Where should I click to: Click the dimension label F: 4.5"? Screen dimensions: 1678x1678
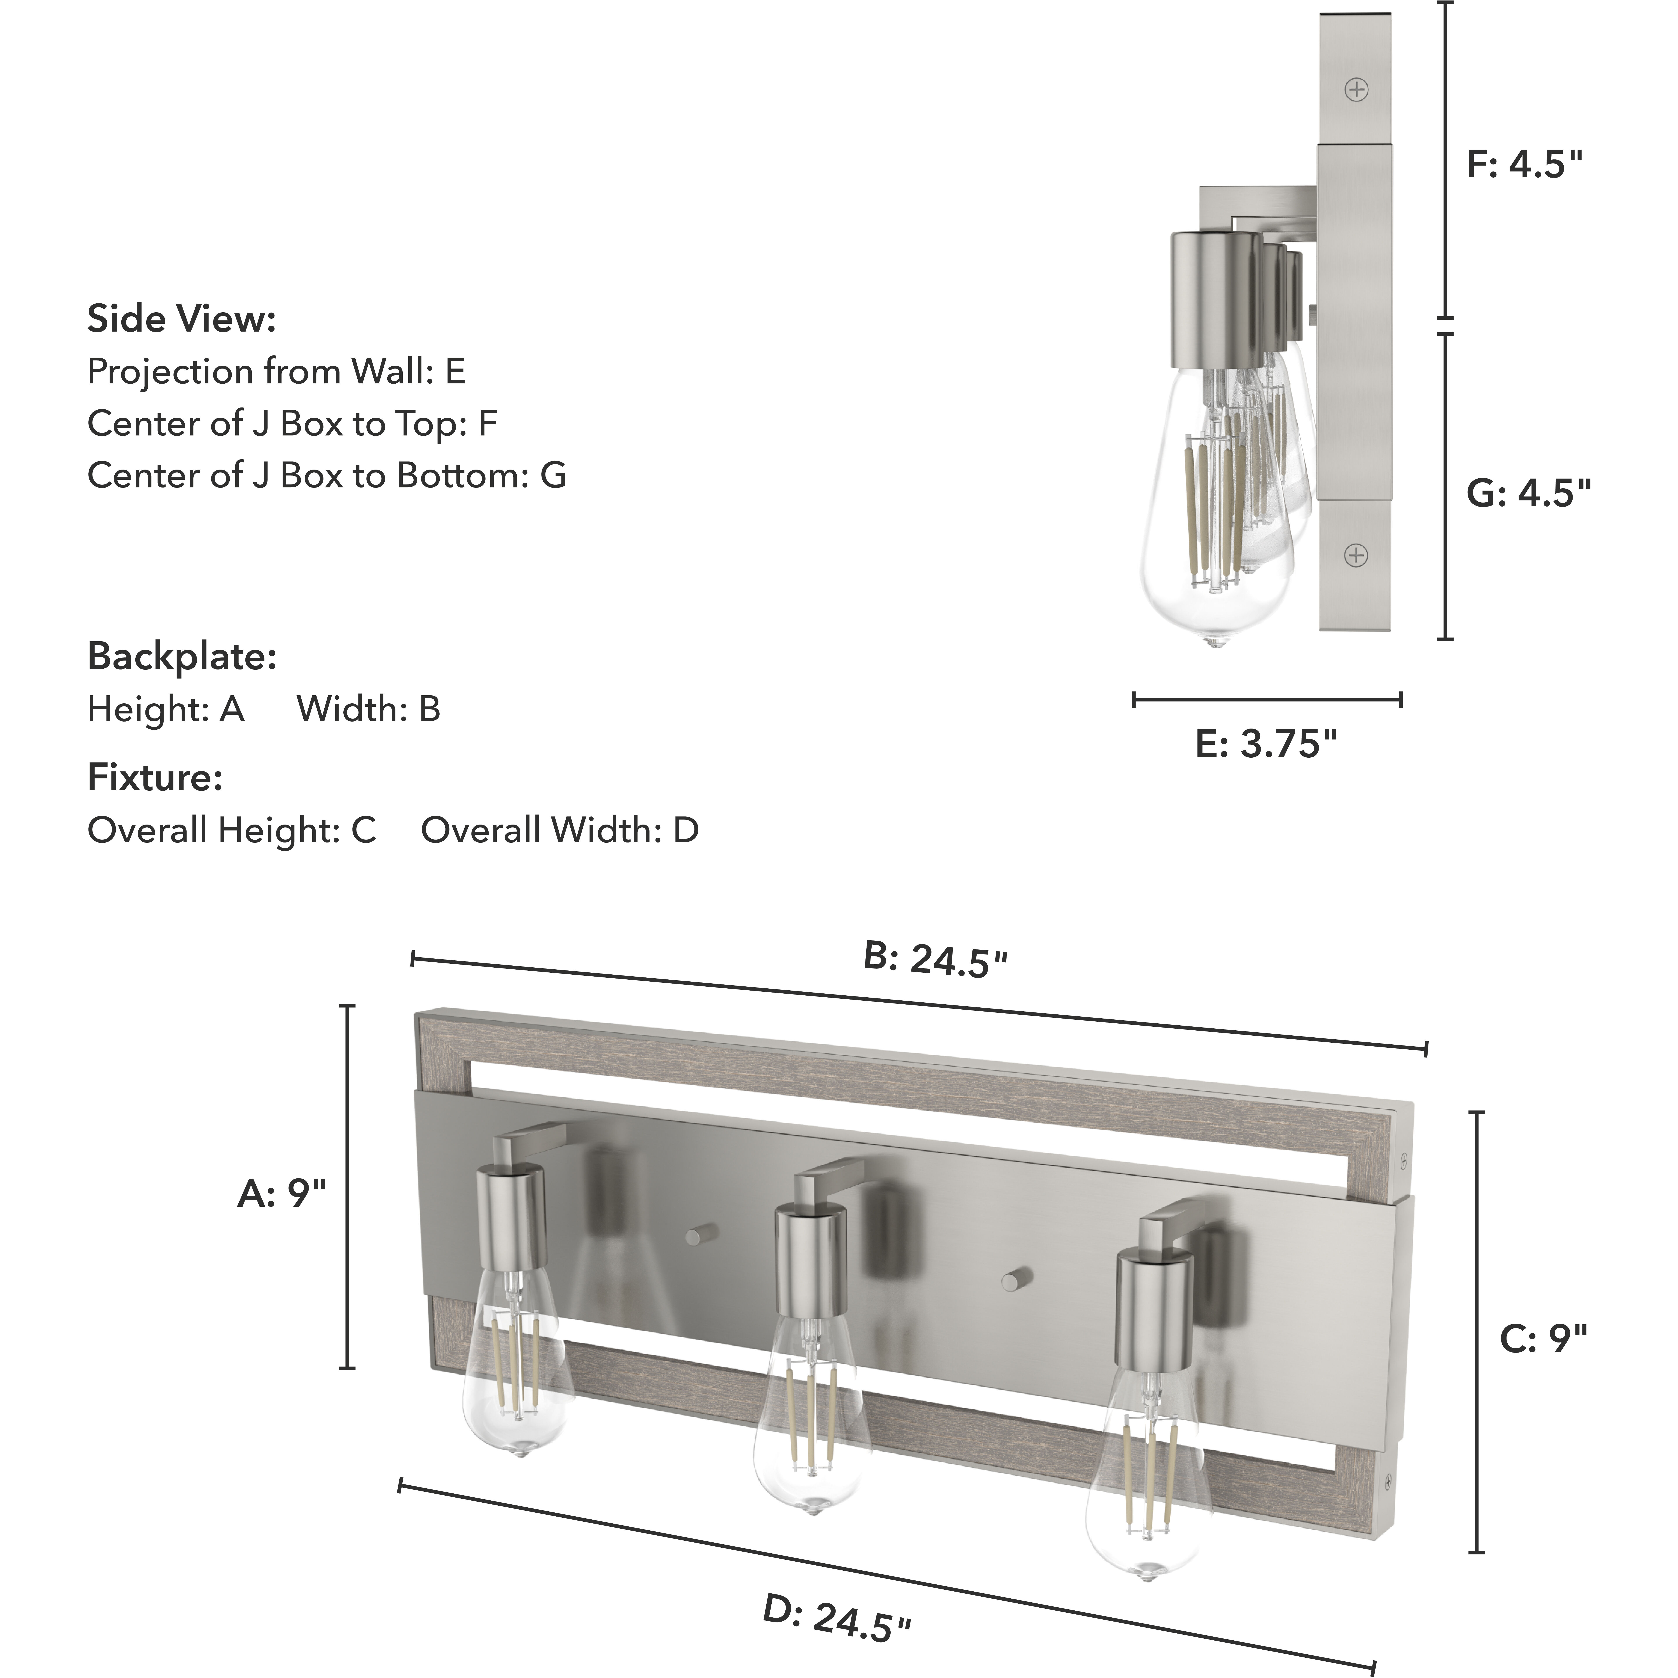coord(1524,163)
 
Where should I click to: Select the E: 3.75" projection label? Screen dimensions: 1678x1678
coord(1265,744)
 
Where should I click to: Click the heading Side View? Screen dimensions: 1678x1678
coord(182,320)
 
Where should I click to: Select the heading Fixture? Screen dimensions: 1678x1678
coord(155,777)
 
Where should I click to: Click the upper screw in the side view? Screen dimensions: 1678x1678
coord(1356,89)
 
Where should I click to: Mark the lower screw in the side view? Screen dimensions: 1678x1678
coord(1356,555)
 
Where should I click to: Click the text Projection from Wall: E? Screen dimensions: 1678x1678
coord(276,372)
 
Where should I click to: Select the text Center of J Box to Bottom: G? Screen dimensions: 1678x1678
coord(327,476)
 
